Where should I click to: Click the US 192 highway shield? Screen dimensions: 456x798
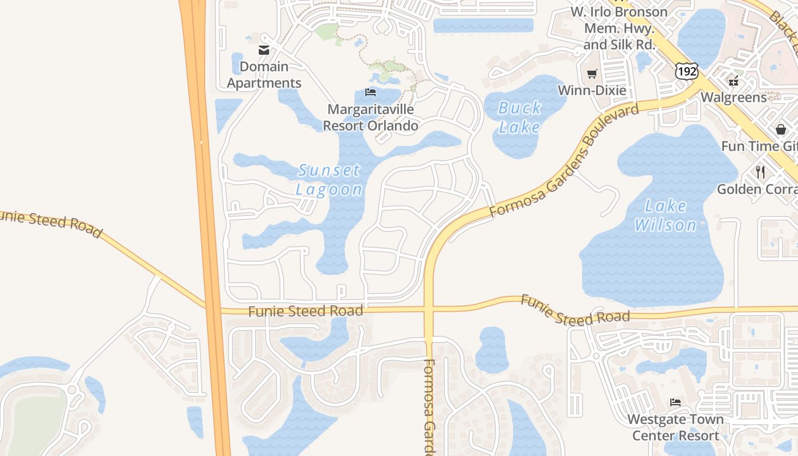(x=686, y=71)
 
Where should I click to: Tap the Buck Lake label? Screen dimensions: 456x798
(x=519, y=117)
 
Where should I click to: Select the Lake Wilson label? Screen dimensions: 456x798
(x=666, y=215)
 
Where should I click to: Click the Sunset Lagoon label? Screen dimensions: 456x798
(x=329, y=180)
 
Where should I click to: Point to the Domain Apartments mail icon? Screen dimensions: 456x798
(x=263, y=50)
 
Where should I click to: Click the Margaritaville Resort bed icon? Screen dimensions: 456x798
(x=370, y=92)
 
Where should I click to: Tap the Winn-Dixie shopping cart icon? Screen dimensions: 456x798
(x=592, y=74)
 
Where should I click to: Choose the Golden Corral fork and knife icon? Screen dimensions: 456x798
(x=760, y=172)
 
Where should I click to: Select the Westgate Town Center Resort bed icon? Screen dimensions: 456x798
(x=675, y=402)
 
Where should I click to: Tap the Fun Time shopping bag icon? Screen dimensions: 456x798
(x=780, y=129)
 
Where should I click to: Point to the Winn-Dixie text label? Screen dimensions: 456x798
(x=592, y=90)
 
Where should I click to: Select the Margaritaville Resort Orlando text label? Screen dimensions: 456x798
(x=370, y=117)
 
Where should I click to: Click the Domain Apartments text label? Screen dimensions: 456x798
(x=264, y=75)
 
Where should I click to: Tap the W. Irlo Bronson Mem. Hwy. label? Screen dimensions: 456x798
(x=619, y=28)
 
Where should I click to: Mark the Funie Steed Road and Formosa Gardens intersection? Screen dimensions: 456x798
(x=429, y=310)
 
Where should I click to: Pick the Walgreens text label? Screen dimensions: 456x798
(x=734, y=97)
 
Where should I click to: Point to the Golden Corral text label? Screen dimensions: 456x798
(x=757, y=189)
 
